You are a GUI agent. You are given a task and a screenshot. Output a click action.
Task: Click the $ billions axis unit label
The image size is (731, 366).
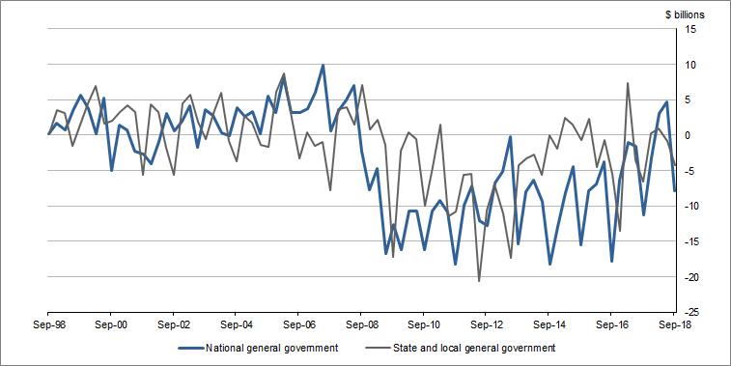(x=685, y=14)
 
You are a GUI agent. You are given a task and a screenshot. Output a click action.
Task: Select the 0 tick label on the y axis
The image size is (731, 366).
(x=690, y=135)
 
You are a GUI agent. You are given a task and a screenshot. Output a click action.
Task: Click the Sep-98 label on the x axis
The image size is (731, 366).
(x=48, y=325)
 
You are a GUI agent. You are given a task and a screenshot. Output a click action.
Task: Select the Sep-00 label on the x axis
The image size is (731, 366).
(x=110, y=325)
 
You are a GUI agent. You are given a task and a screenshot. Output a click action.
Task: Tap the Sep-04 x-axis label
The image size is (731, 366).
(x=236, y=325)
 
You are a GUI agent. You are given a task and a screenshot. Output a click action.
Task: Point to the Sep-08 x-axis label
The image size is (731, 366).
(x=360, y=325)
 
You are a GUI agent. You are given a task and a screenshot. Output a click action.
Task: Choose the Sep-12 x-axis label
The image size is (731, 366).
(x=486, y=325)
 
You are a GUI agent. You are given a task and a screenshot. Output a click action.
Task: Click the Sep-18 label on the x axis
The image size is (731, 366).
(x=673, y=325)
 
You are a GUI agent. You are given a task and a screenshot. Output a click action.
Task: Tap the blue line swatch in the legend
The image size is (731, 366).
(x=198, y=348)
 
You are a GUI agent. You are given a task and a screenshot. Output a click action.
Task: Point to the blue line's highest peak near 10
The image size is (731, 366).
(x=323, y=66)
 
